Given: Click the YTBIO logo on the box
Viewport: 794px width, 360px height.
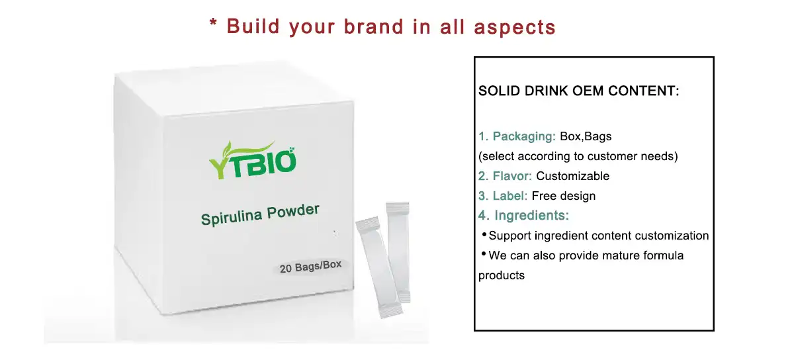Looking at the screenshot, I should click(252, 159).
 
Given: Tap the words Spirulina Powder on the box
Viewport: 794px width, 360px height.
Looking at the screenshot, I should click(260, 214).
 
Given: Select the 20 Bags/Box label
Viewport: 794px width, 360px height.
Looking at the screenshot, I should click(311, 267).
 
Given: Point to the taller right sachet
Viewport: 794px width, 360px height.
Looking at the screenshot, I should click(399, 251).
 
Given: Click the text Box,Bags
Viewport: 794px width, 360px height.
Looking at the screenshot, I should click(586, 137).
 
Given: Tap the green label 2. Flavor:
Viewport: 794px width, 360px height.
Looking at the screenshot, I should click(506, 176).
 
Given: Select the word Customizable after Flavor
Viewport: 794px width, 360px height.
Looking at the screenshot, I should click(572, 176).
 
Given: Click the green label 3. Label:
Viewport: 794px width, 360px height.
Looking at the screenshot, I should click(503, 196).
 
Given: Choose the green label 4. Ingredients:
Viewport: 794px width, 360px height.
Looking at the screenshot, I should click(524, 216).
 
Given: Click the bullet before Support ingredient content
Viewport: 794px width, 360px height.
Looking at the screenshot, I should click(484, 235).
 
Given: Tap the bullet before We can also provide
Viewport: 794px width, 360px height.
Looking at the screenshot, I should click(484, 254).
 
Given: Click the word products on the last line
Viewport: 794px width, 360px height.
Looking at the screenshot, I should click(502, 275).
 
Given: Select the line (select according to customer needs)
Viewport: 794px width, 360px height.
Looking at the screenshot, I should click(578, 157).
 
